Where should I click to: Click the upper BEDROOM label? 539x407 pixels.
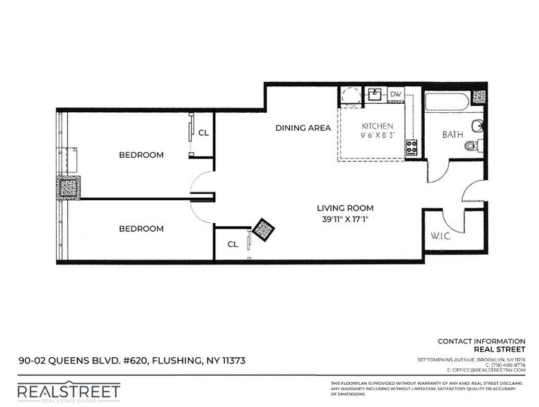pyautogui.click(x=141, y=155)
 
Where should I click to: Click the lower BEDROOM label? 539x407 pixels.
pyautogui.click(x=141, y=228)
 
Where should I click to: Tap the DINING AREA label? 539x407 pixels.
pyautogui.click(x=298, y=128)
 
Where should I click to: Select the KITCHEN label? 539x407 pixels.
pyautogui.click(x=378, y=126)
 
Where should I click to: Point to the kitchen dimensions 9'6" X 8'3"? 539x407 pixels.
pyautogui.click(x=378, y=136)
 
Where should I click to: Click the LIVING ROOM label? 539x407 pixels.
pyautogui.click(x=345, y=208)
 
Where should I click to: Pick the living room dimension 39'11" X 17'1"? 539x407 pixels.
pyautogui.click(x=345, y=220)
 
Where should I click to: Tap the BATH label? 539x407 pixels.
pyautogui.click(x=453, y=134)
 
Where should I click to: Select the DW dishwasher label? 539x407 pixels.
pyautogui.click(x=395, y=94)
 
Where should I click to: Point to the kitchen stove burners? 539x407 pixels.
pyautogui.click(x=411, y=147)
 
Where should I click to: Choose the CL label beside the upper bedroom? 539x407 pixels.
pyautogui.click(x=204, y=133)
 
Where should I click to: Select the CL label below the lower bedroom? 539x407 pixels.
pyautogui.click(x=232, y=244)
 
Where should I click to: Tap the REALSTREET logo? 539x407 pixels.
pyautogui.click(x=68, y=392)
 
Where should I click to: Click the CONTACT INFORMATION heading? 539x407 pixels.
pyautogui.click(x=482, y=341)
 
